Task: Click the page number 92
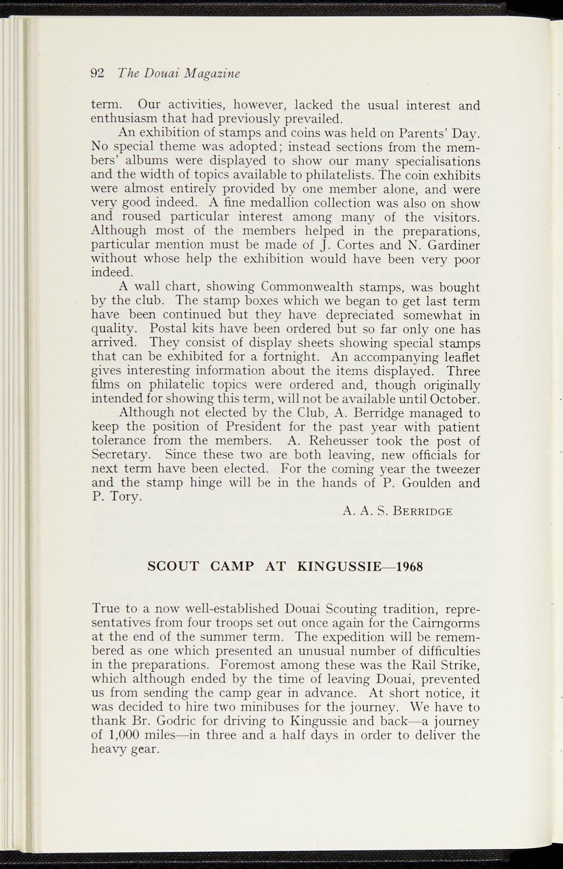click(98, 73)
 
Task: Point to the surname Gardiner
click(454, 245)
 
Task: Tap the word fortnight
click(294, 357)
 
